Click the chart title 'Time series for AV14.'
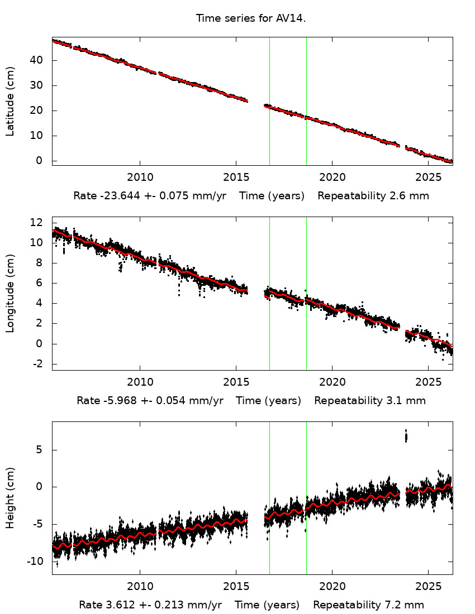coord(251,18)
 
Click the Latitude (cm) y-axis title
coord(10,101)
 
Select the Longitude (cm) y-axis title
coord(10,294)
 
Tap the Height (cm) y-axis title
coord(10,498)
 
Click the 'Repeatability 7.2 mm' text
coord(368,605)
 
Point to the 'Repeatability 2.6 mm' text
coord(373,196)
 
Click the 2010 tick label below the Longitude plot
coord(139,382)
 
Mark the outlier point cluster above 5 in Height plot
coord(406,436)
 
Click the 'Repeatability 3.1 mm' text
coord(369,401)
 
